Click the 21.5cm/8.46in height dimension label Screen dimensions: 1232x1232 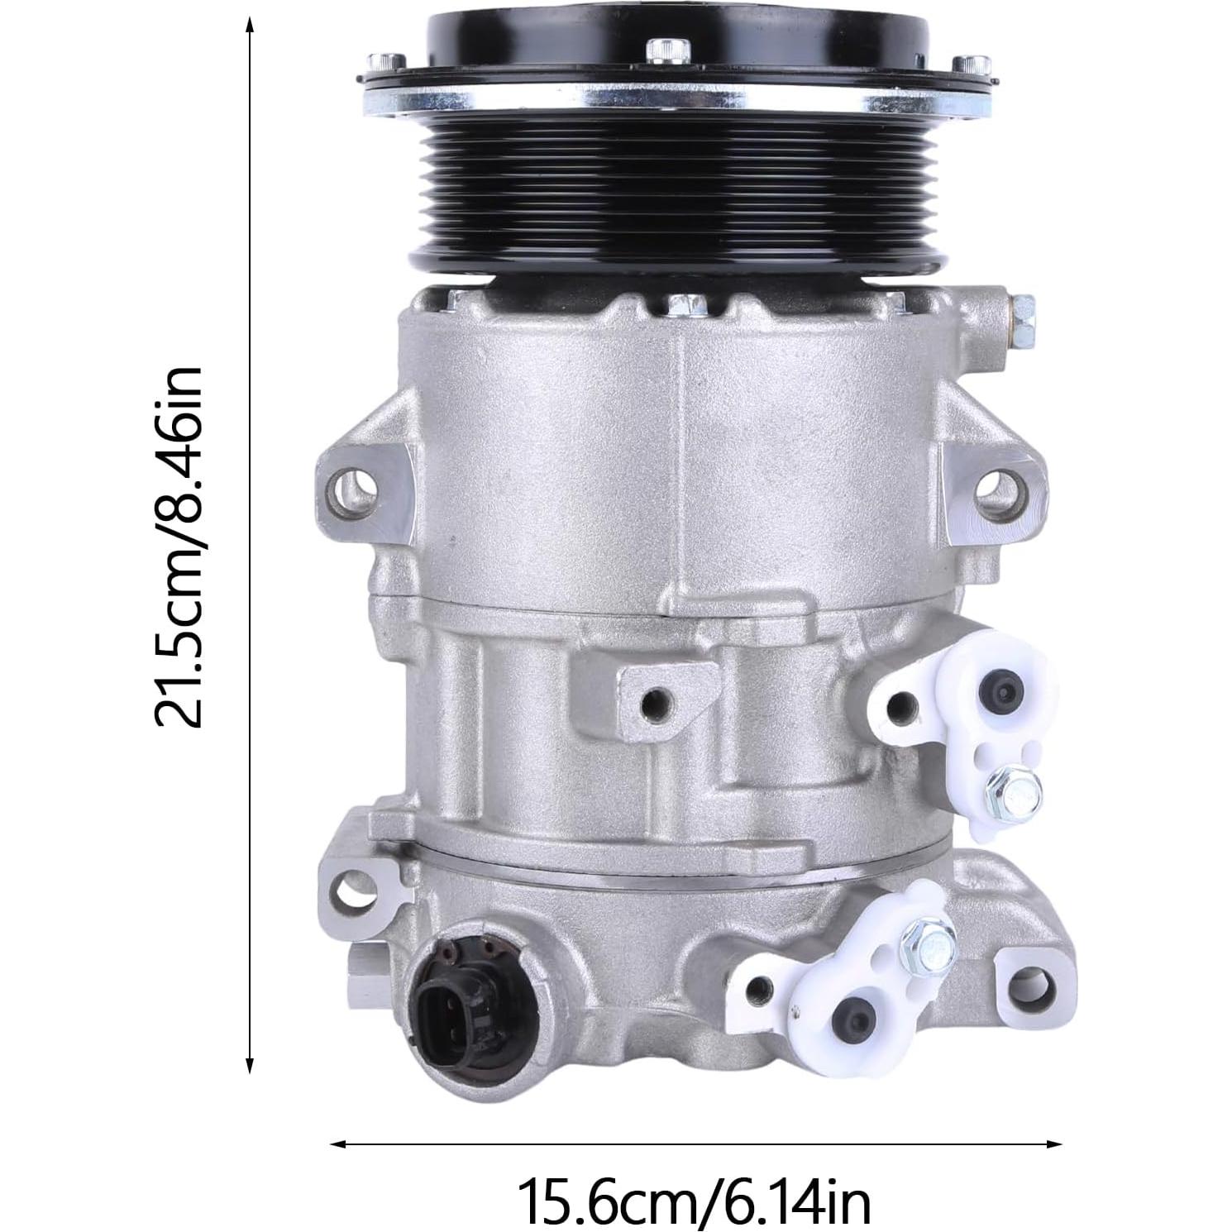click(179, 547)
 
